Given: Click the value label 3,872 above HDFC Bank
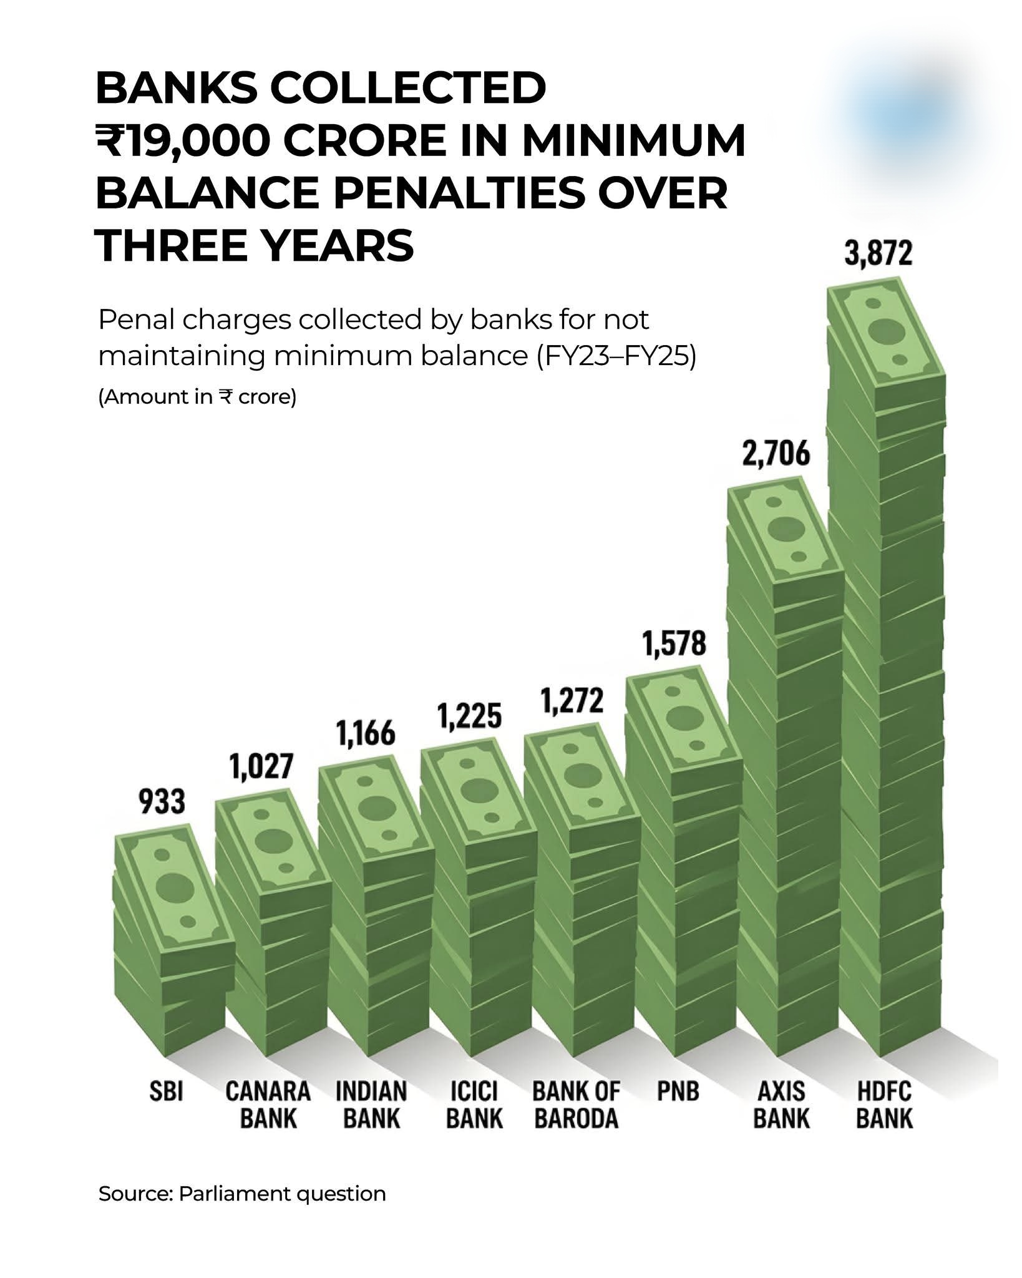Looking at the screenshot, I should click(x=878, y=255).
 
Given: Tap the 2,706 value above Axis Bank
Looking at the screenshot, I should click(x=776, y=454).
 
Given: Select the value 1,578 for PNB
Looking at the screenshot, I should click(x=674, y=645).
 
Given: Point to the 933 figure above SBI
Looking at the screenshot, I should click(x=162, y=802).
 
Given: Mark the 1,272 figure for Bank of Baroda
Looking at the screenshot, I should click(x=572, y=701).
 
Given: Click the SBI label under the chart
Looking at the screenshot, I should click(x=166, y=1092).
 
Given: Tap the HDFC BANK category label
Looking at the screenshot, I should click(x=884, y=1105).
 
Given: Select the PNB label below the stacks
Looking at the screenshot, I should click(x=678, y=1092).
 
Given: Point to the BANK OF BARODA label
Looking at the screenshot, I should click(x=576, y=1105).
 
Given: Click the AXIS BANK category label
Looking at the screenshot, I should click(x=781, y=1105).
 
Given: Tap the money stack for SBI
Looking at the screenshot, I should click(x=172, y=936).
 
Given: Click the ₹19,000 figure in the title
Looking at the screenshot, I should click(x=181, y=142).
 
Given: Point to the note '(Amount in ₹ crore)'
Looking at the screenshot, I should click(x=197, y=398).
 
